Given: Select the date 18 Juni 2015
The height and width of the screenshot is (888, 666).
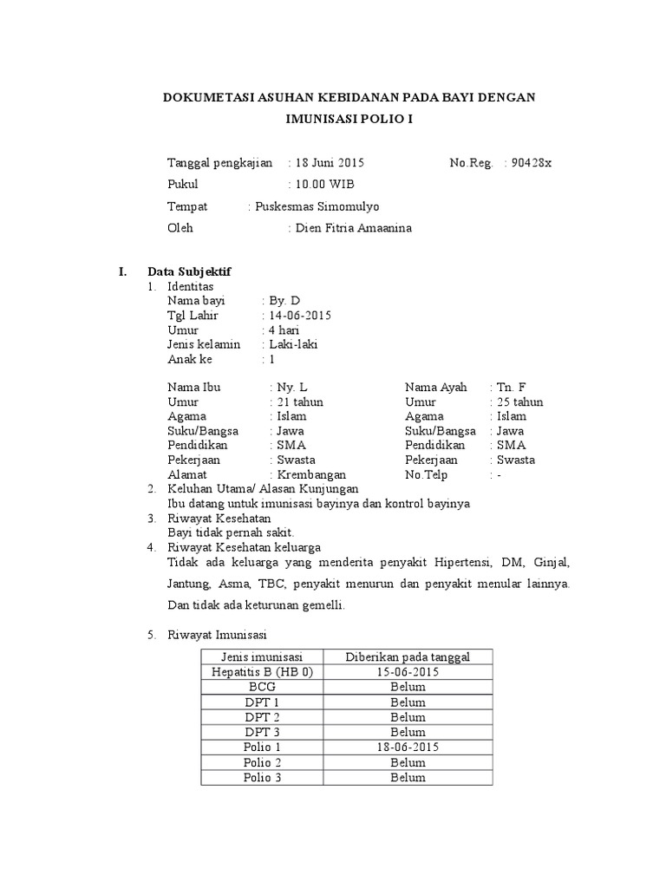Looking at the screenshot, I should tap(330, 162).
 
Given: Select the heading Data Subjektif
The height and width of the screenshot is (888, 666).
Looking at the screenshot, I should tap(189, 271).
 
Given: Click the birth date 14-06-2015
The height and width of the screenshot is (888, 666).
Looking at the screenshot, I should tap(300, 315).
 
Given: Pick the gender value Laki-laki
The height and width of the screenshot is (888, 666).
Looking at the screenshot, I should tap(294, 344).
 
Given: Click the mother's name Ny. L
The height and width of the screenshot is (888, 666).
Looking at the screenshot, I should tap(292, 388).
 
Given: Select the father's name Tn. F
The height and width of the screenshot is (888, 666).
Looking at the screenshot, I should tap(511, 388).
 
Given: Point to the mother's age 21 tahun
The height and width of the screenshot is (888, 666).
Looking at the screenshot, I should tap(300, 402).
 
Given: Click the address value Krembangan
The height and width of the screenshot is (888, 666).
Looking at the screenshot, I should tap(311, 474).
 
